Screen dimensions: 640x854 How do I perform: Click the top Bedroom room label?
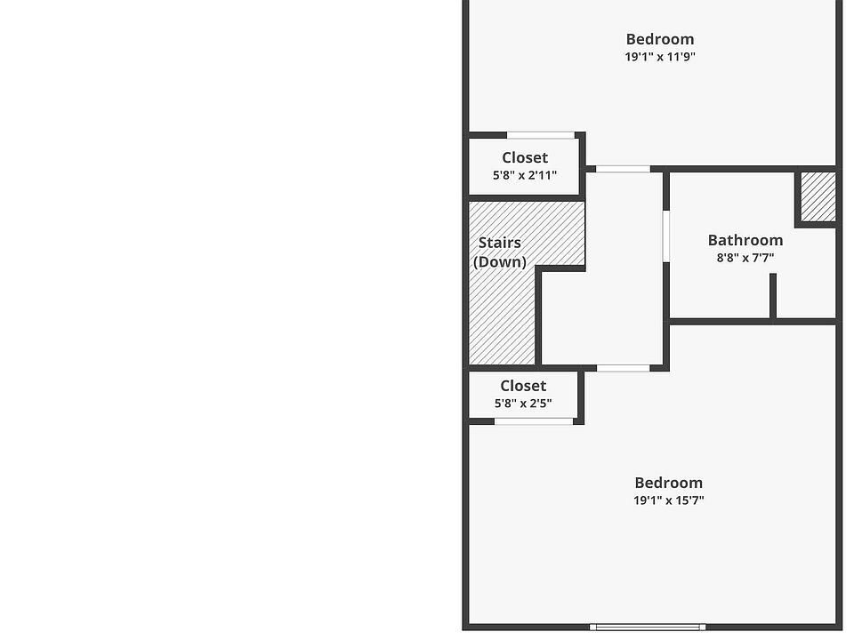click(659, 39)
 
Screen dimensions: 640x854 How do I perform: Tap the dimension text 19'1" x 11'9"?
click(659, 57)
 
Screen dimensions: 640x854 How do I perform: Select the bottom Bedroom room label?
click(668, 483)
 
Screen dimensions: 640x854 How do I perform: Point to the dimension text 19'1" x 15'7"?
click(668, 500)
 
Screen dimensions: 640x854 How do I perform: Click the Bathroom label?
click(745, 240)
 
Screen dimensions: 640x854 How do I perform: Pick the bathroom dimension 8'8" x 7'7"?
click(745, 259)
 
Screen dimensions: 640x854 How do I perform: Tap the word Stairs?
click(499, 243)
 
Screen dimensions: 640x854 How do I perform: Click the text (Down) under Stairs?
click(499, 262)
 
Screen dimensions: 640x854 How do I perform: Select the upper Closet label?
click(524, 158)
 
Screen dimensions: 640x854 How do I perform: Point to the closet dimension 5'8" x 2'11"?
click(524, 176)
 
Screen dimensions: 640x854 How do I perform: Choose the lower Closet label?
click(523, 386)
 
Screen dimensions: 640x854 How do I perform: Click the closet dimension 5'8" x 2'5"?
click(523, 404)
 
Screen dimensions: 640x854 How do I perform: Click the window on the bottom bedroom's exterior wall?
click(648, 627)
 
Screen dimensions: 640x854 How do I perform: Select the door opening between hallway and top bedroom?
click(623, 169)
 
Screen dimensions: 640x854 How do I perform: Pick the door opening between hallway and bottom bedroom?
click(623, 368)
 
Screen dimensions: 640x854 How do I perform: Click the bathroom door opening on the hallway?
click(665, 236)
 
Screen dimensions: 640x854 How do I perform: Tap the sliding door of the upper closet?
click(540, 135)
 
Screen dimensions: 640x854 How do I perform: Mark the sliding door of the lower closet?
click(534, 421)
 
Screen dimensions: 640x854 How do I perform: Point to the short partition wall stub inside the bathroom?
click(773, 295)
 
